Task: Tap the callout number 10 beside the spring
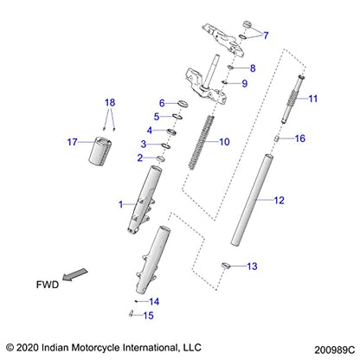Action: (x=224, y=142)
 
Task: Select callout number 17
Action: (x=73, y=141)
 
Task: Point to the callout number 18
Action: (x=109, y=102)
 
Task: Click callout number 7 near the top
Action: (x=266, y=35)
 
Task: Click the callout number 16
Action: (x=300, y=138)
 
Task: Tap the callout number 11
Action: (x=313, y=98)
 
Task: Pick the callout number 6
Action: (x=161, y=103)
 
